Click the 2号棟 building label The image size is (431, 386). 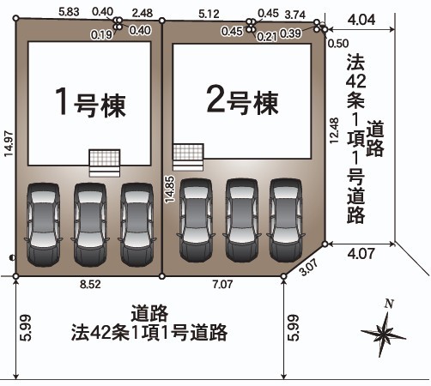point(242,101)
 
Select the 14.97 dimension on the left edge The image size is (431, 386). point(9,143)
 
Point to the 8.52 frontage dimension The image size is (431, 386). point(90,284)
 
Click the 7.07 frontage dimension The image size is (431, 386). point(222,284)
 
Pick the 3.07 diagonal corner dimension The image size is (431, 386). point(309,267)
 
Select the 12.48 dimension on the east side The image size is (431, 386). point(334,130)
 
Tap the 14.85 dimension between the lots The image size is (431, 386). point(169,190)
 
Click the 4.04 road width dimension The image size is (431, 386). point(361,20)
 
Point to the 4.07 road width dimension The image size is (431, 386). point(361,254)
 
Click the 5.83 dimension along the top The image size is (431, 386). point(69,12)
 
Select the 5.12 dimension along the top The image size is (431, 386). point(209,14)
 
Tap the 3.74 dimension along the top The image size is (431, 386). point(295,15)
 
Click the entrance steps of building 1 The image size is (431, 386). point(105,163)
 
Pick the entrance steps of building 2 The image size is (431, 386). point(188,157)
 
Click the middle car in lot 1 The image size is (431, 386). point(90,225)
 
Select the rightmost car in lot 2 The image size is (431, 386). point(286,220)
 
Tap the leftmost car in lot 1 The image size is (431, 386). point(44,225)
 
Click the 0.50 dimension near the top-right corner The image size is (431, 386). point(338,44)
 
